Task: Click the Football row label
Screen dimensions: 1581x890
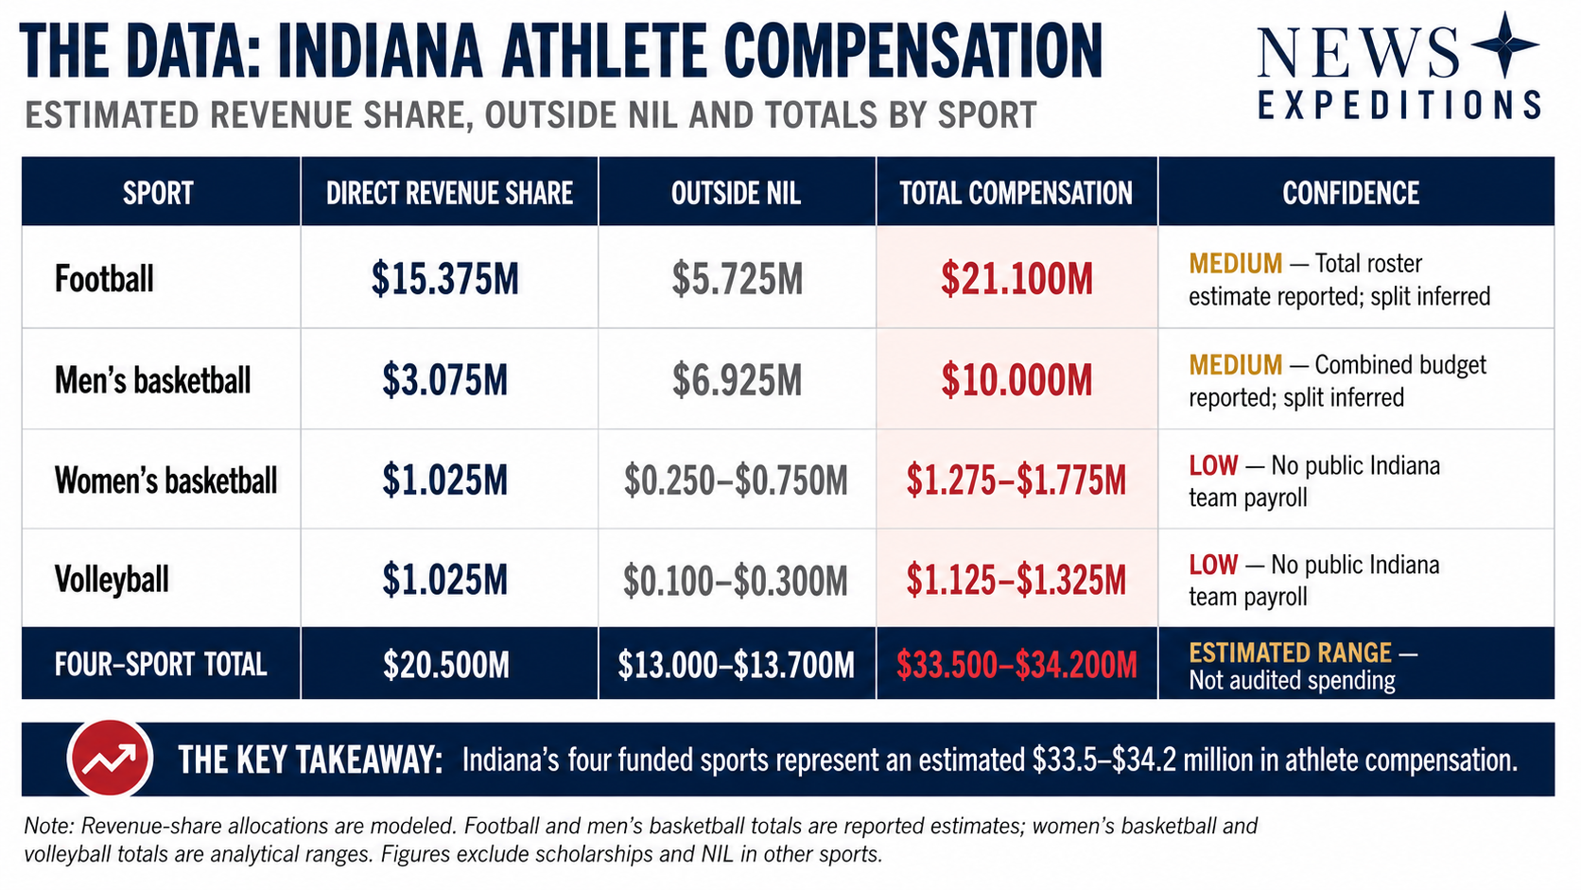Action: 104,278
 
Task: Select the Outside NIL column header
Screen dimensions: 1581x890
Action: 737,193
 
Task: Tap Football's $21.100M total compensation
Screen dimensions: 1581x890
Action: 1016,279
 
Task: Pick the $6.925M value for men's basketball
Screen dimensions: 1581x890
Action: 737,380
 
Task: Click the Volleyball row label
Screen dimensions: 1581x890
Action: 112,580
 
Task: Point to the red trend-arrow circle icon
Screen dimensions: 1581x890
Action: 110,758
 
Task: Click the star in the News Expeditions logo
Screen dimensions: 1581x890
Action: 1504,44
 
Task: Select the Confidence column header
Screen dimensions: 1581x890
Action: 1350,193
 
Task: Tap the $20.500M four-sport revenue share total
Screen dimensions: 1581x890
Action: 446,664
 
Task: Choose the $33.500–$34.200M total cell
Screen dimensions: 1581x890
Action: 1016,665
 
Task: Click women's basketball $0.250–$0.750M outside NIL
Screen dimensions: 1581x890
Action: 736,480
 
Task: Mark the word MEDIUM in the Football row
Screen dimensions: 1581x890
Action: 1235,263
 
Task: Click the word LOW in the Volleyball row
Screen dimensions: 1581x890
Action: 1213,565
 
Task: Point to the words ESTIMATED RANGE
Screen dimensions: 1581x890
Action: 1290,653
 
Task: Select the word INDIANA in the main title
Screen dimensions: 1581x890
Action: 380,51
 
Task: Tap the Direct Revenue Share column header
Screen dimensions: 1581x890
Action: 449,193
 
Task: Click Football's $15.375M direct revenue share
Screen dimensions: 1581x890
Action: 445,279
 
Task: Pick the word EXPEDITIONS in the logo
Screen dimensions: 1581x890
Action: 1399,105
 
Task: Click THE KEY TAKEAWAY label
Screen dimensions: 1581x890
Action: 310,760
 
